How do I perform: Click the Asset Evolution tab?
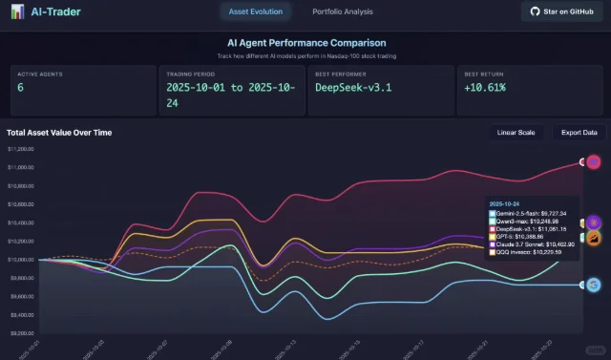253,11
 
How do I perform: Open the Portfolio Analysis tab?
343,11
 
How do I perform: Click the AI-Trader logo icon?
18,12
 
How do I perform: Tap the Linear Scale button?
516,133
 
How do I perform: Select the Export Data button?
579,133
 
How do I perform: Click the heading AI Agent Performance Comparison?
305,43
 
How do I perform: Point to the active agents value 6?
22,87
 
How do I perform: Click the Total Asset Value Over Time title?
59,133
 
